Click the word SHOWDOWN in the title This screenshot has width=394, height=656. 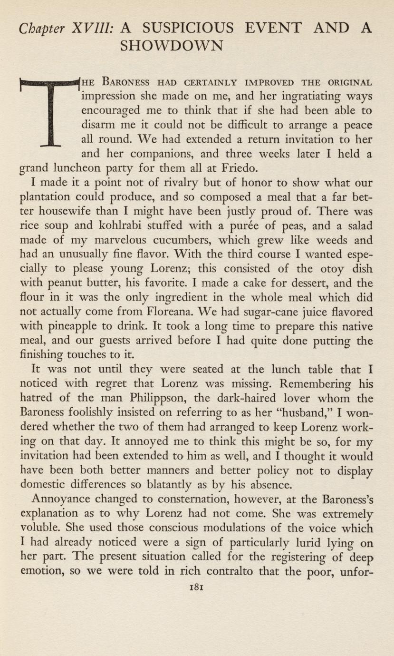pyautogui.click(x=172, y=46)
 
